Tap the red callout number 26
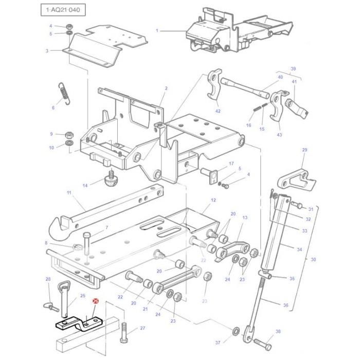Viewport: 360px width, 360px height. (95, 302)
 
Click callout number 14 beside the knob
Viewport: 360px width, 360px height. (85, 185)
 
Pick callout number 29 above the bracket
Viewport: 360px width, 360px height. (304, 150)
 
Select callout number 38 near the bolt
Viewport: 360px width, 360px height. (278, 332)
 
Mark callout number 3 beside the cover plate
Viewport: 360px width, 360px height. (47, 50)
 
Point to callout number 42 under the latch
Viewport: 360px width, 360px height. (218, 111)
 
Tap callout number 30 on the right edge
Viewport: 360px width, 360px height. (313, 260)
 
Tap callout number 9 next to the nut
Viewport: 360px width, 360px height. (51, 134)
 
